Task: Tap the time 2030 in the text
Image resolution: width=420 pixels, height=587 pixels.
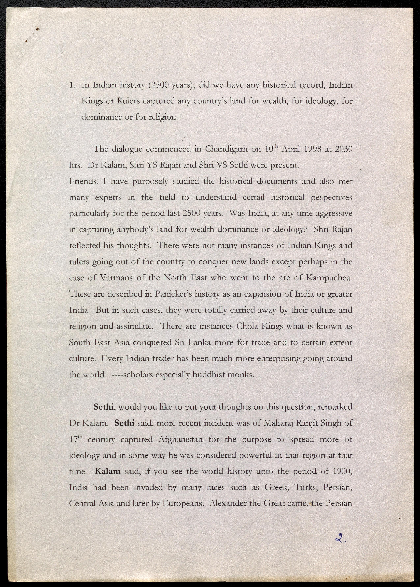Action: coord(344,149)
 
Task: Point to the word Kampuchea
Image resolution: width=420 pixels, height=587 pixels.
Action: coord(329,278)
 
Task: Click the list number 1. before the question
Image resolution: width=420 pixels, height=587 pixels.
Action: coord(72,85)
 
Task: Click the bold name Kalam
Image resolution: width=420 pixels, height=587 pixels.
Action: coord(108,471)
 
